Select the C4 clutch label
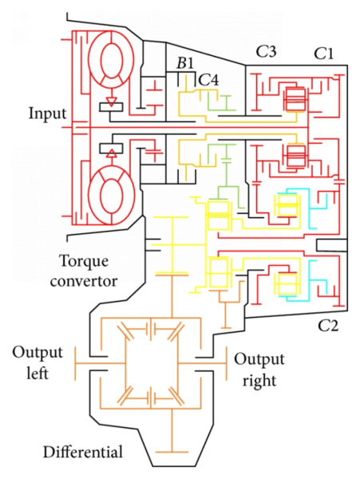pos(208,79)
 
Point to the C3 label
pos(266,52)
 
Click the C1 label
pos(322,53)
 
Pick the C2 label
pos(330,325)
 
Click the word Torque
pos(83,261)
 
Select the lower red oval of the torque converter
pos(114,195)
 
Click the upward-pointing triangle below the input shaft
pos(113,149)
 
